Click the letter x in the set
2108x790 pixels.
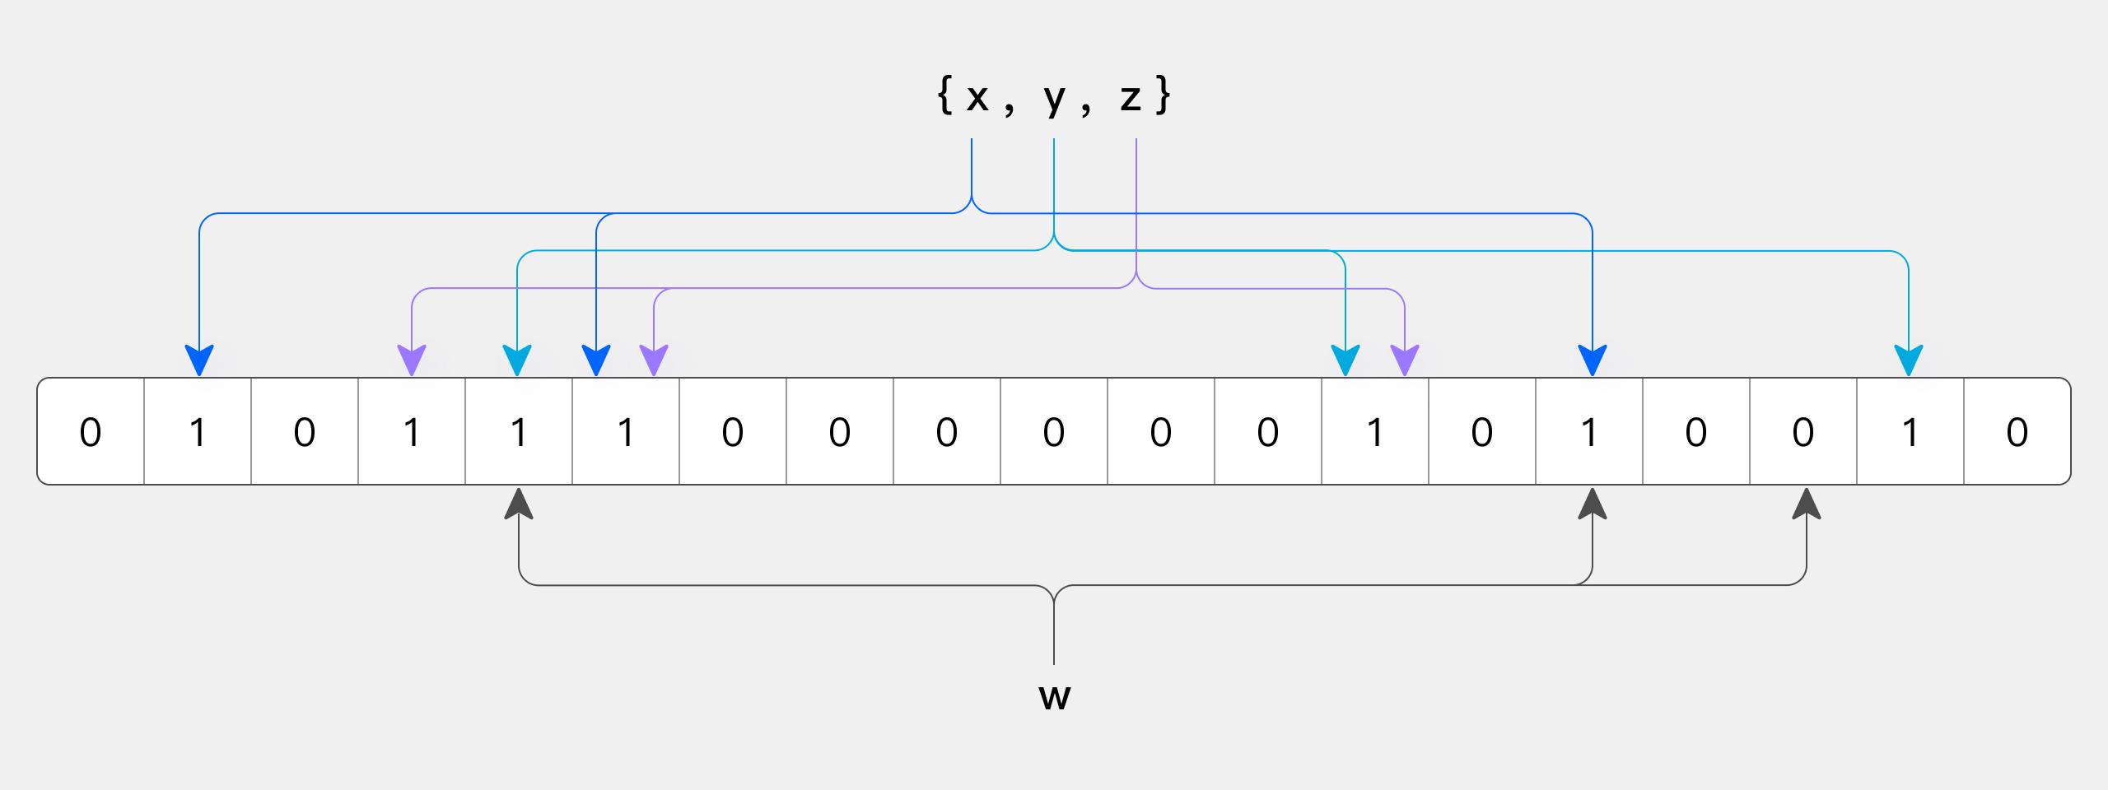(977, 99)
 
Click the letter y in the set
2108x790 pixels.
(1055, 99)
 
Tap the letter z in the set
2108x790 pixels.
(1131, 99)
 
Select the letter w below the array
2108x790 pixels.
(1055, 697)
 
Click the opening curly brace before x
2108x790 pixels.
(945, 95)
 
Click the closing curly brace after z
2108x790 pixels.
(1163, 95)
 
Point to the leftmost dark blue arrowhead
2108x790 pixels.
(199, 360)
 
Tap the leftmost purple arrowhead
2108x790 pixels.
(412, 360)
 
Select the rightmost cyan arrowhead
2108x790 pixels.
(1909, 360)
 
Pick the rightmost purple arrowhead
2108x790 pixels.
(1405, 360)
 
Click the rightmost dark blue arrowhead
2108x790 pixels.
(1593, 360)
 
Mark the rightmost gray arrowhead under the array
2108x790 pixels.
(1807, 504)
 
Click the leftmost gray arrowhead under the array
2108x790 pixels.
(519, 504)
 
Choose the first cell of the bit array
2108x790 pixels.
(91, 431)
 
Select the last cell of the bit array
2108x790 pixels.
(2017, 431)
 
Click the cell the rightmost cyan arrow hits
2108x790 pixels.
(1910, 431)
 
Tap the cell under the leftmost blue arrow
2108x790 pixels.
(198, 431)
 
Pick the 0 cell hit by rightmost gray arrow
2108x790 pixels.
(1803, 431)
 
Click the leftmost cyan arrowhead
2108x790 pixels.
(517, 360)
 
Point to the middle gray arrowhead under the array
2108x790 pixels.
(1593, 504)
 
